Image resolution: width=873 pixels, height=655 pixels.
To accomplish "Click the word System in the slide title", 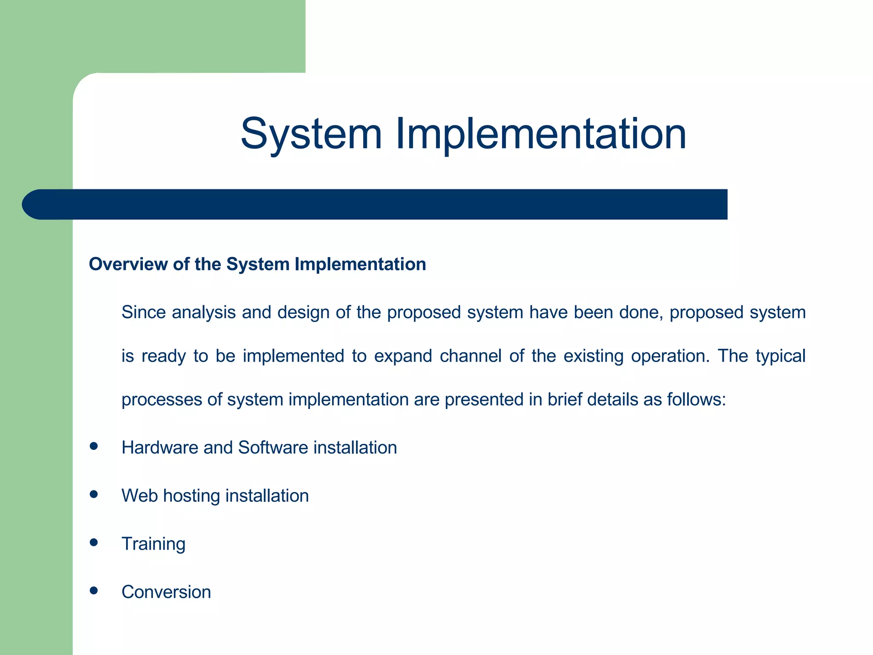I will [311, 134].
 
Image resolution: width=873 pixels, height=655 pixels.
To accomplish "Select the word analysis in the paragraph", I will [204, 313].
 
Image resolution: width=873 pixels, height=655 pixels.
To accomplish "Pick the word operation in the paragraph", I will [671, 356].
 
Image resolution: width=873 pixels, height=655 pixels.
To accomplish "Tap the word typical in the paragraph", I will [780, 356].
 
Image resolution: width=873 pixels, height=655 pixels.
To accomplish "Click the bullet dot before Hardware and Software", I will [94, 446].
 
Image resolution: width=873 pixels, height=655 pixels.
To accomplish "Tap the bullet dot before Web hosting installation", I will [94, 495].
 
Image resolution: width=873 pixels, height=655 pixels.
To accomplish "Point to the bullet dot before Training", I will [94, 543].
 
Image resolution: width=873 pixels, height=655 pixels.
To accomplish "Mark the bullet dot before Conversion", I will [94, 591].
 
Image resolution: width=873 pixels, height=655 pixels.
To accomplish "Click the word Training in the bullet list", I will [153, 544].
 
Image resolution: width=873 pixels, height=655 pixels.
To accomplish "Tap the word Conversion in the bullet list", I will [166, 592].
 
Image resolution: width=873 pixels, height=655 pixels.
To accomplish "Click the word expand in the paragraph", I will [403, 356].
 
